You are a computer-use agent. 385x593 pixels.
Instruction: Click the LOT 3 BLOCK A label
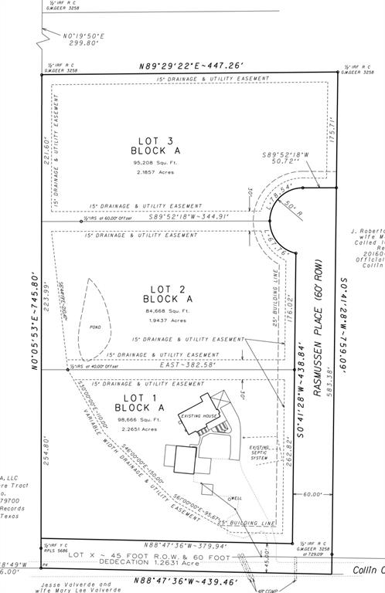pos(160,145)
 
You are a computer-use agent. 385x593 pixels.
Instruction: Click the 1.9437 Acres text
pos(167,320)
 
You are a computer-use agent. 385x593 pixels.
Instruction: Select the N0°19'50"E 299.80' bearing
pos(60,40)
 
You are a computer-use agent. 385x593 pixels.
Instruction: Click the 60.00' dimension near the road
pos(312,494)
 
